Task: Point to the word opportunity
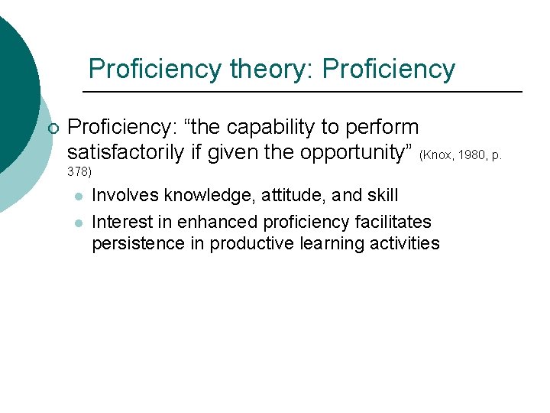(357, 152)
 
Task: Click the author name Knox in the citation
(438, 155)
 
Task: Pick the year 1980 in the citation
(472, 155)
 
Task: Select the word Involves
(122, 196)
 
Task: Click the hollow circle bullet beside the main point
(52, 128)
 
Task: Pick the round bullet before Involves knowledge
(77, 197)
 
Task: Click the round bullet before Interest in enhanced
(77, 223)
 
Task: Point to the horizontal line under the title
(302, 92)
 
